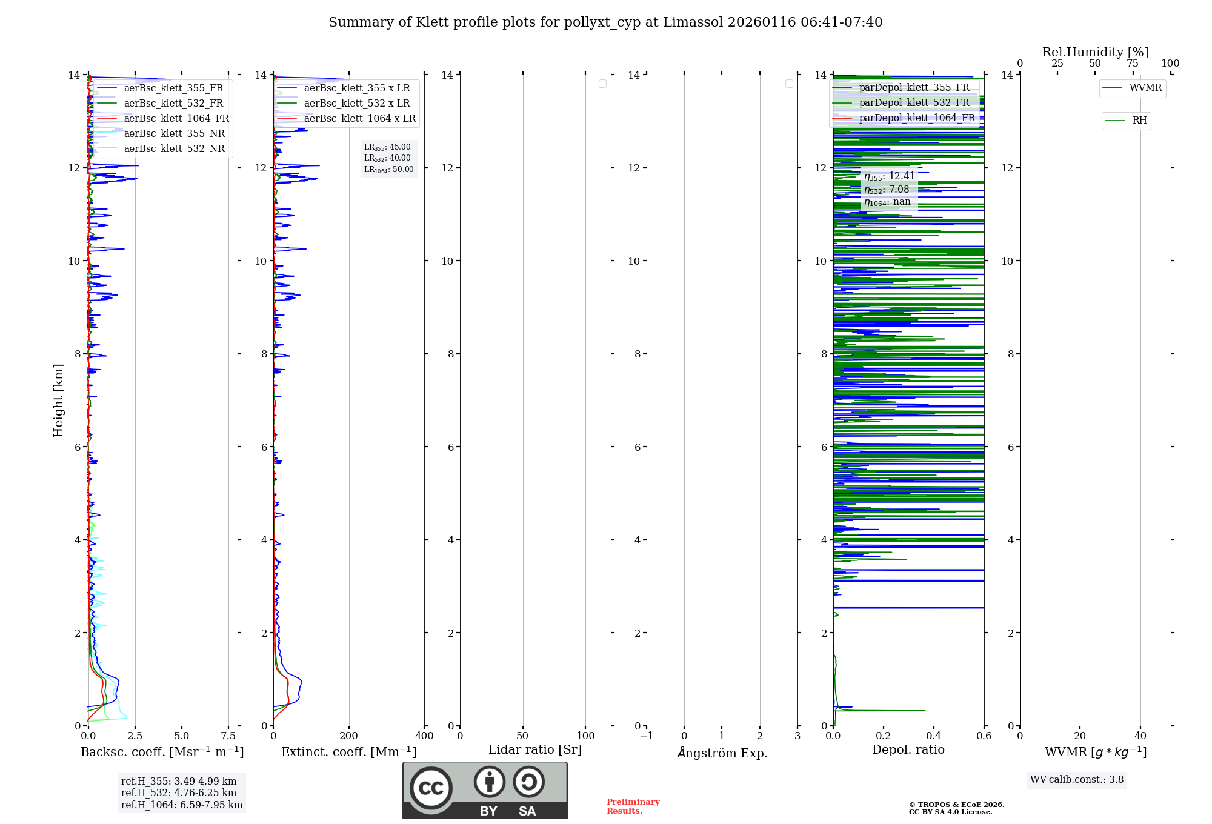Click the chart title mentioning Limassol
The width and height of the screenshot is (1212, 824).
click(605, 22)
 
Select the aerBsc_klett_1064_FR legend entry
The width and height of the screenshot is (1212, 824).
click(176, 119)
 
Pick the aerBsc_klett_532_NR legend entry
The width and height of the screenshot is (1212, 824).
click(174, 149)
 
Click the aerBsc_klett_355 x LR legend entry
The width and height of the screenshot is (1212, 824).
click(356, 88)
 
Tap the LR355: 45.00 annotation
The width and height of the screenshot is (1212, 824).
click(387, 147)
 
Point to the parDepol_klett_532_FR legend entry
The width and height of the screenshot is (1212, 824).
click(914, 103)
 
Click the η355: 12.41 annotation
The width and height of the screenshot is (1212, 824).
click(889, 176)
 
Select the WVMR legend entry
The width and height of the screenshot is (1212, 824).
click(1145, 88)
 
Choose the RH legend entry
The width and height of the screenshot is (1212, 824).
click(1139, 121)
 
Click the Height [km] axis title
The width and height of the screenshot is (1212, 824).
click(58, 400)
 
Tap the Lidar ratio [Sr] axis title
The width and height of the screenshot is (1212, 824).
click(534, 750)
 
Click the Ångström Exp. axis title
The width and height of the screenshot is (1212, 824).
click(722, 753)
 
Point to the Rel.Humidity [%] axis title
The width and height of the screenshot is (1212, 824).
click(1095, 52)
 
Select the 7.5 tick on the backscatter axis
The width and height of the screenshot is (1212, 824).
click(228, 736)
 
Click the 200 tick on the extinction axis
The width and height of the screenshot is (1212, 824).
click(348, 736)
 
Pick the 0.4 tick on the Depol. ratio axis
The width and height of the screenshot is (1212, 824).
click(933, 736)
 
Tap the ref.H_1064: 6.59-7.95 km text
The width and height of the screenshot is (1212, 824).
click(181, 805)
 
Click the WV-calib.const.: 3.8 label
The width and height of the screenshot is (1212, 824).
click(1076, 780)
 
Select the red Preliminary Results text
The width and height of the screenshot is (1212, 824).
click(633, 806)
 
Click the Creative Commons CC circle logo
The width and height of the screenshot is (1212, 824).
click(431, 788)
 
